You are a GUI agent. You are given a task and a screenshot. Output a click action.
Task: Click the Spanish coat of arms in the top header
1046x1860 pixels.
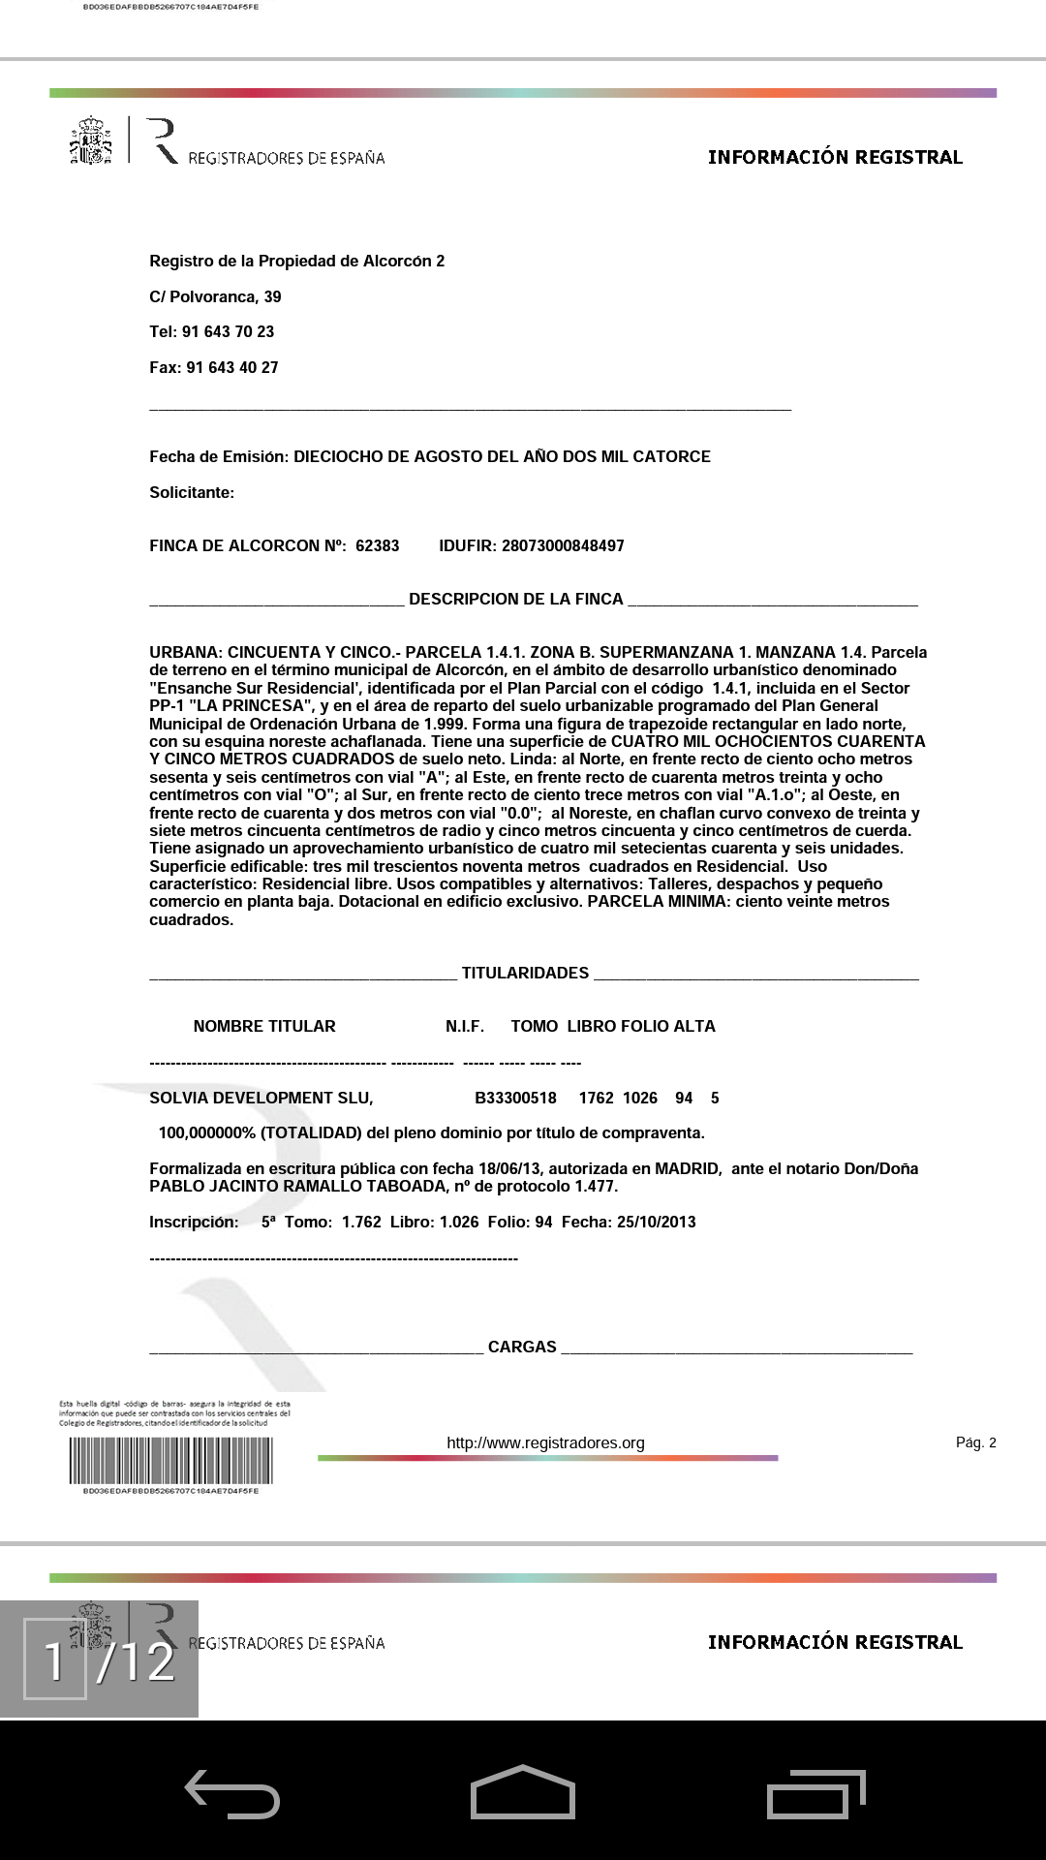(90, 141)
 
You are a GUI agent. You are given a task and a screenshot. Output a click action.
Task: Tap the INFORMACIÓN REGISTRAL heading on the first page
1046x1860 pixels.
(835, 157)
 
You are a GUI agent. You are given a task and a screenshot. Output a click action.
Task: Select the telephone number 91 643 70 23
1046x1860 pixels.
(228, 331)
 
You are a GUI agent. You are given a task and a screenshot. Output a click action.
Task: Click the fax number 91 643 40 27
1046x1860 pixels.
(232, 367)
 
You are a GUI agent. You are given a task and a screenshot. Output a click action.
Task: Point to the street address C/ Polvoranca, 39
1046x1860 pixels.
(215, 296)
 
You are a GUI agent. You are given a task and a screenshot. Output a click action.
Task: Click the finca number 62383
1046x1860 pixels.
(377, 545)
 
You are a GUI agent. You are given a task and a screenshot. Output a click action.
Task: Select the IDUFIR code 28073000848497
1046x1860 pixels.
(563, 545)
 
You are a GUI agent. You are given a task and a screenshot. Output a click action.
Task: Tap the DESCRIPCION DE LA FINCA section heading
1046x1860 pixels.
(515, 599)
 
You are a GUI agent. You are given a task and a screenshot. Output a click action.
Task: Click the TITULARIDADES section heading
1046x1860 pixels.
(525, 973)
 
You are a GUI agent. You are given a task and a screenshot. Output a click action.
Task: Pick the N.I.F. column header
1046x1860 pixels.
(465, 1026)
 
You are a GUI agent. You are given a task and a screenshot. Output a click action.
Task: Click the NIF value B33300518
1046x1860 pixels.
(515, 1098)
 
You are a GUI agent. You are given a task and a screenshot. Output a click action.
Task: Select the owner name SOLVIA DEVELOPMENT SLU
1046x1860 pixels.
(261, 1098)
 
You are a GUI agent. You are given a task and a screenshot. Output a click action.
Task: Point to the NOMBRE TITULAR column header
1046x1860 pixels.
(264, 1026)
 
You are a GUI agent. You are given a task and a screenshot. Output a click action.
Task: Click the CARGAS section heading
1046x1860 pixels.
(522, 1347)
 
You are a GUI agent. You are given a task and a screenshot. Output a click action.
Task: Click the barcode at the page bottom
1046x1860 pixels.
(170, 1460)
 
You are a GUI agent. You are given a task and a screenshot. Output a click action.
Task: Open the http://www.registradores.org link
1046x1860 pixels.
(545, 1442)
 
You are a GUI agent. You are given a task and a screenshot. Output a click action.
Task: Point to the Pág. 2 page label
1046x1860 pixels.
(975, 1442)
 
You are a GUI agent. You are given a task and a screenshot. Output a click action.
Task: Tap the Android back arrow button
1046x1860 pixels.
(232, 1794)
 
